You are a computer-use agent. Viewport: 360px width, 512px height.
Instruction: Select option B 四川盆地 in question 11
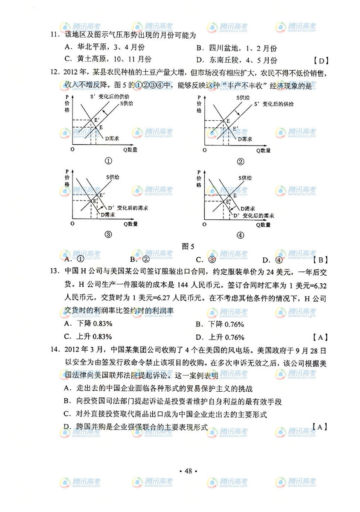(x=236, y=49)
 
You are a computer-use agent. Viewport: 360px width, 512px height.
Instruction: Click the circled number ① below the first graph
(x=108, y=161)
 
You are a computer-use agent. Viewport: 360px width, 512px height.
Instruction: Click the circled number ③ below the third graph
(x=108, y=234)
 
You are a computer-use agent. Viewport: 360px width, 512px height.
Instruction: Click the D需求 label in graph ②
(x=245, y=139)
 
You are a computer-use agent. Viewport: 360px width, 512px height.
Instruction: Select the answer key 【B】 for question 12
(x=319, y=259)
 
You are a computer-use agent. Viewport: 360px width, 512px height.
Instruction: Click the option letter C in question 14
(x=66, y=414)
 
